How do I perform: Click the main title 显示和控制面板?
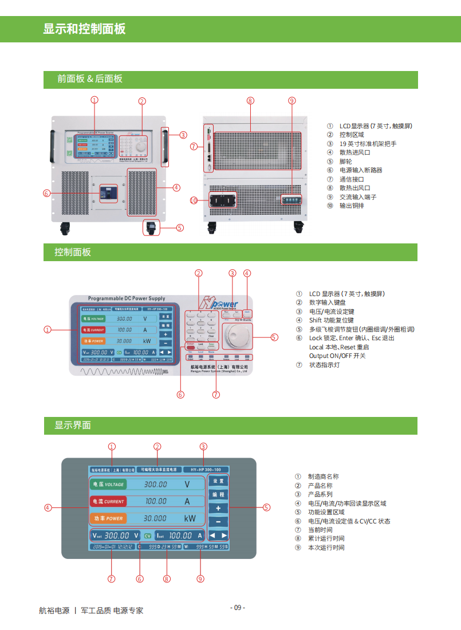click(x=84, y=29)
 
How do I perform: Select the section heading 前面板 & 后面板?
click(x=90, y=79)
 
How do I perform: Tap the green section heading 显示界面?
click(x=73, y=425)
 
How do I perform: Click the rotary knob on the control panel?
click(x=237, y=336)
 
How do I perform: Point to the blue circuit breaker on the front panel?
click(x=109, y=192)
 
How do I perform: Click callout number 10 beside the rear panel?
click(x=194, y=200)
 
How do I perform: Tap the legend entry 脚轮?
click(x=346, y=162)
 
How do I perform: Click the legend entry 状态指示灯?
click(x=324, y=365)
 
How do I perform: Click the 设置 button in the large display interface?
click(x=218, y=481)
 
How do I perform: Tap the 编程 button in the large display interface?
click(x=218, y=494)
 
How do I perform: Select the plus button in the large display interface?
click(x=218, y=508)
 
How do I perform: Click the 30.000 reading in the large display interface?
click(x=155, y=518)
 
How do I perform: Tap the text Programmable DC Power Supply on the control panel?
click(x=127, y=298)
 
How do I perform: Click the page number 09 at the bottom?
click(x=238, y=608)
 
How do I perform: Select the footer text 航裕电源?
click(x=54, y=611)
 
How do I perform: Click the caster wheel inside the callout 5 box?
click(x=151, y=227)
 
